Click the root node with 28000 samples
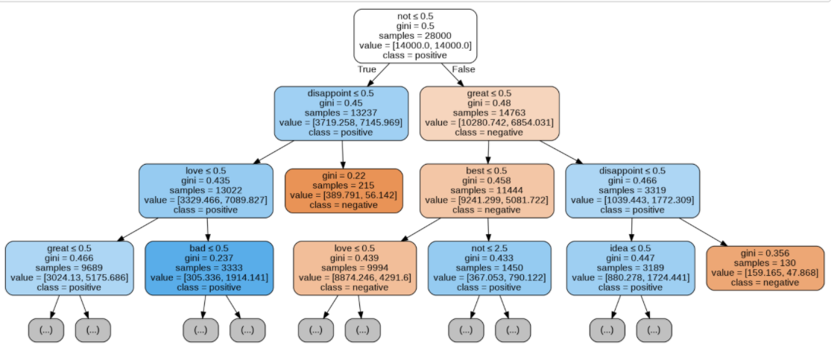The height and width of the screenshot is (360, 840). tap(415, 35)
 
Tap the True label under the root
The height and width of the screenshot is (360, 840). tap(367, 69)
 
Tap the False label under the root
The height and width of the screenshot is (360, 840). tap(464, 69)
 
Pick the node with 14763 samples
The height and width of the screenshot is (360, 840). tap(488, 113)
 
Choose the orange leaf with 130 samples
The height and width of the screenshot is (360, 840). tap(765, 268)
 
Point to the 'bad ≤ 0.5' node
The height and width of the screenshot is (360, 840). tap(209, 268)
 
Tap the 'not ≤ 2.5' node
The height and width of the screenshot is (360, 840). tap(489, 268)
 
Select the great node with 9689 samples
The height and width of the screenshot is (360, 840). tap(69, 268)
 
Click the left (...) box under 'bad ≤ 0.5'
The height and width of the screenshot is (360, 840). tap(200, 329)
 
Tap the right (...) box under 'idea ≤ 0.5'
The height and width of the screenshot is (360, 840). tap(654, 329)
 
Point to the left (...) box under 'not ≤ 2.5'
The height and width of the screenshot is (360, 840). tap(466, 329)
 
